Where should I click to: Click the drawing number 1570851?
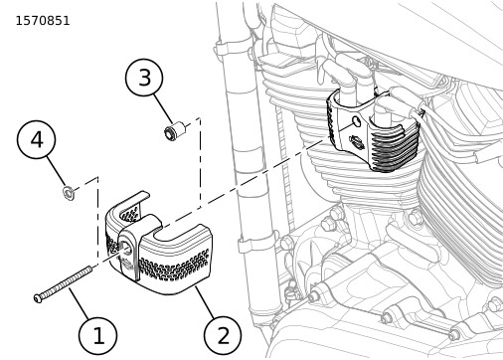coord(43,21)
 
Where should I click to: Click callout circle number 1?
coord(97,336)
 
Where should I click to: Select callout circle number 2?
coord(223,335)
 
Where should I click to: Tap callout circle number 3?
coord(144,78)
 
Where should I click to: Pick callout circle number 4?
coord(36,139)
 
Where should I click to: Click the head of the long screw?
coord(38,298)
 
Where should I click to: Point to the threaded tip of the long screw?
coord(88,270)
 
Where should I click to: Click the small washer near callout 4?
coord(69,192)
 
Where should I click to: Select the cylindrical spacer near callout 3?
coord(174,130)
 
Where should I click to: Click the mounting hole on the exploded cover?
coord(126,247)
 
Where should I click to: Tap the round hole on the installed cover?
coord(357,121)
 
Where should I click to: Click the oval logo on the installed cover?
coord(356,142)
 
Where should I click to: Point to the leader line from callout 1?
coord(80,304)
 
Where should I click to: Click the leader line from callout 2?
coord(205,302)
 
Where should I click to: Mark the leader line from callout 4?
coord(56,172)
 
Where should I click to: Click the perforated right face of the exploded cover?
coord(174,265)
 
